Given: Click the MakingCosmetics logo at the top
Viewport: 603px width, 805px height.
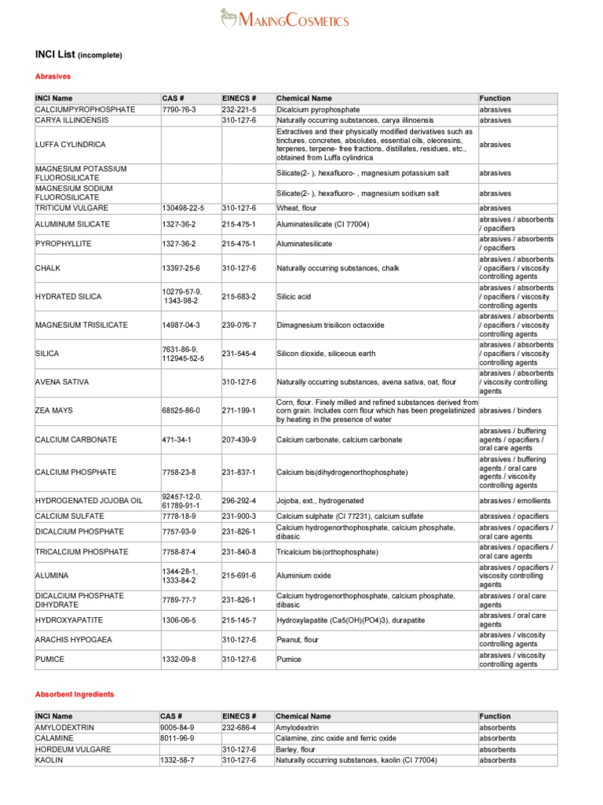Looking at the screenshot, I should (x=284, y=19).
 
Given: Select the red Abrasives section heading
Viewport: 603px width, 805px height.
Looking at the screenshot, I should (x=53, y=76).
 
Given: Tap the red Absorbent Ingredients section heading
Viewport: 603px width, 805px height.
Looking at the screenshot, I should (x=75, y=694).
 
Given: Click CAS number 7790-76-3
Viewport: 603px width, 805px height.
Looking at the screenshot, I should (x=178, y=109).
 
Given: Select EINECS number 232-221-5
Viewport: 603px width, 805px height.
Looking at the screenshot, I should (x=239, y=109).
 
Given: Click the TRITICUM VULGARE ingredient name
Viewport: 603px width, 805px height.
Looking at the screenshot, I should (x=71, y=208).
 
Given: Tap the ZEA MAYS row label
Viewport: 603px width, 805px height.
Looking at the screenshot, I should (x=53, y=411).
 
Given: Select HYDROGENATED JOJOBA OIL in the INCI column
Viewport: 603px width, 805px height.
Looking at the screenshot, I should (x=89, y=501).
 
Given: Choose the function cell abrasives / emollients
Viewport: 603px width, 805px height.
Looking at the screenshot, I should (x=515, y=501).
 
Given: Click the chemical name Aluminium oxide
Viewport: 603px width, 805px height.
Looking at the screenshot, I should (x=305, y=575).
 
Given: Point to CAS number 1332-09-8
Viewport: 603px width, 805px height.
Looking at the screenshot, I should (x=178, y=659).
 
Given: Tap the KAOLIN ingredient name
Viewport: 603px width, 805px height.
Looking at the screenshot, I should (x=49, y=760).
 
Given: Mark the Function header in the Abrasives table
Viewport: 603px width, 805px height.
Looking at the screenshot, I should (x=495, y=98).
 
